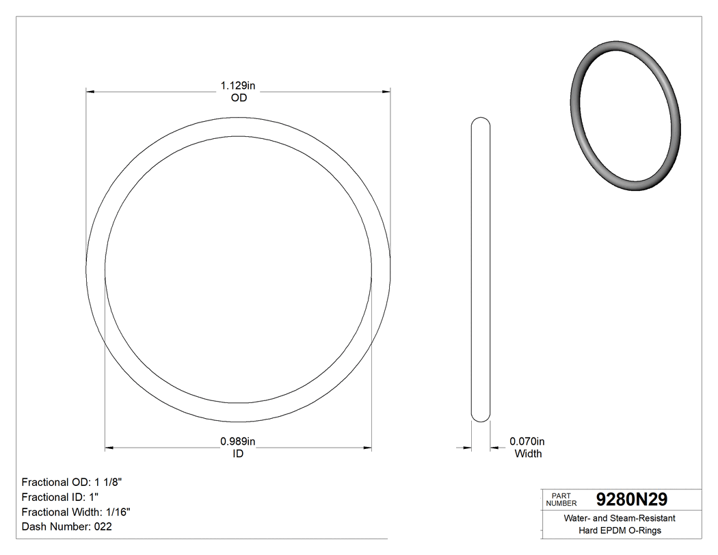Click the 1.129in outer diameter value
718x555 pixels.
[237, 86]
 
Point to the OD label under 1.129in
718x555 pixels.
[238, 98]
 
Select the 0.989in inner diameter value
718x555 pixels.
[237, 441]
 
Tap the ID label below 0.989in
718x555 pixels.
[238, 453]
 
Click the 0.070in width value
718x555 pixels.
[527, 441]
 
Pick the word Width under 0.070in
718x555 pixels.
[528, 453]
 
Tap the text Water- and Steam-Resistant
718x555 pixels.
[620, 519]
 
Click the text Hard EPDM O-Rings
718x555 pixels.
[620, 530]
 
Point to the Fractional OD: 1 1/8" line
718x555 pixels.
[72, 482]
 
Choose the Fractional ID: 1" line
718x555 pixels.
[61, 497]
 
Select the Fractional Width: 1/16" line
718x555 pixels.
[76, 512]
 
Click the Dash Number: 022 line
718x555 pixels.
[66, 527]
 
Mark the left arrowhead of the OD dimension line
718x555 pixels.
[90, 91]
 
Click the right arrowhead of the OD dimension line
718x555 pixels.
[386, 91]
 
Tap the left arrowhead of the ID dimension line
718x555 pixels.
[109, 448]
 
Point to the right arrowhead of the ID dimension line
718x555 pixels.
[367, 448]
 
